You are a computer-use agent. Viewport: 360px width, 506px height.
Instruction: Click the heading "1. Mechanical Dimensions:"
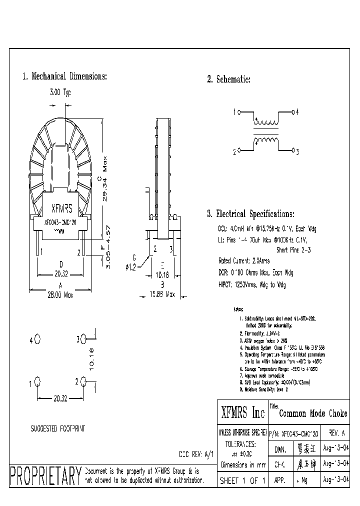pos(64,76)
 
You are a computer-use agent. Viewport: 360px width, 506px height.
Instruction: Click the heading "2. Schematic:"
pos(228,79)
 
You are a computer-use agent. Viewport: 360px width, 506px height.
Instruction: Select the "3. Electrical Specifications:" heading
pos(250,214)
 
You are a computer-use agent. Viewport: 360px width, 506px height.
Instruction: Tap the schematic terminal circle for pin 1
pos(239,112)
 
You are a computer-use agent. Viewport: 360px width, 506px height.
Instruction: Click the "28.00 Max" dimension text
pos(60,295)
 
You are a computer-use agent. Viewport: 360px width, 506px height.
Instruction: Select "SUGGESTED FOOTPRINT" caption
pos(58,428)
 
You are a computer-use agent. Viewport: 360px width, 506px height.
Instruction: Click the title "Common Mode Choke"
pos(313,413)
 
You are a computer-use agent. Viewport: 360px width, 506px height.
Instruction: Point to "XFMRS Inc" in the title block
pos(242,412)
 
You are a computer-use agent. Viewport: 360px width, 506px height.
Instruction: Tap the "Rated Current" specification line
pos(243,260)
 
